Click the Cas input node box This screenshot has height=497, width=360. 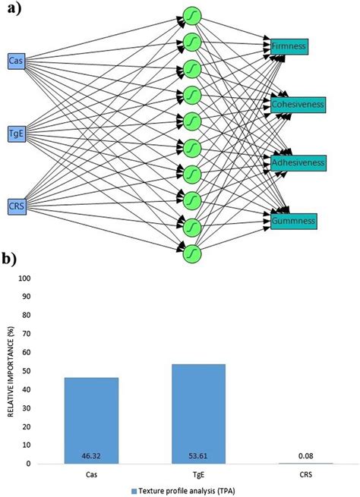(x=15, y=60)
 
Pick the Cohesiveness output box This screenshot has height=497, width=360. (x=297, y=104)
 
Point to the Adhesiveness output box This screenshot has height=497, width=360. (x=298, y=162)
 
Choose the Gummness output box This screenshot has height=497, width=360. (x=291, y=221)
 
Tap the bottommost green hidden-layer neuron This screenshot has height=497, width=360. (x=193, y=250)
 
